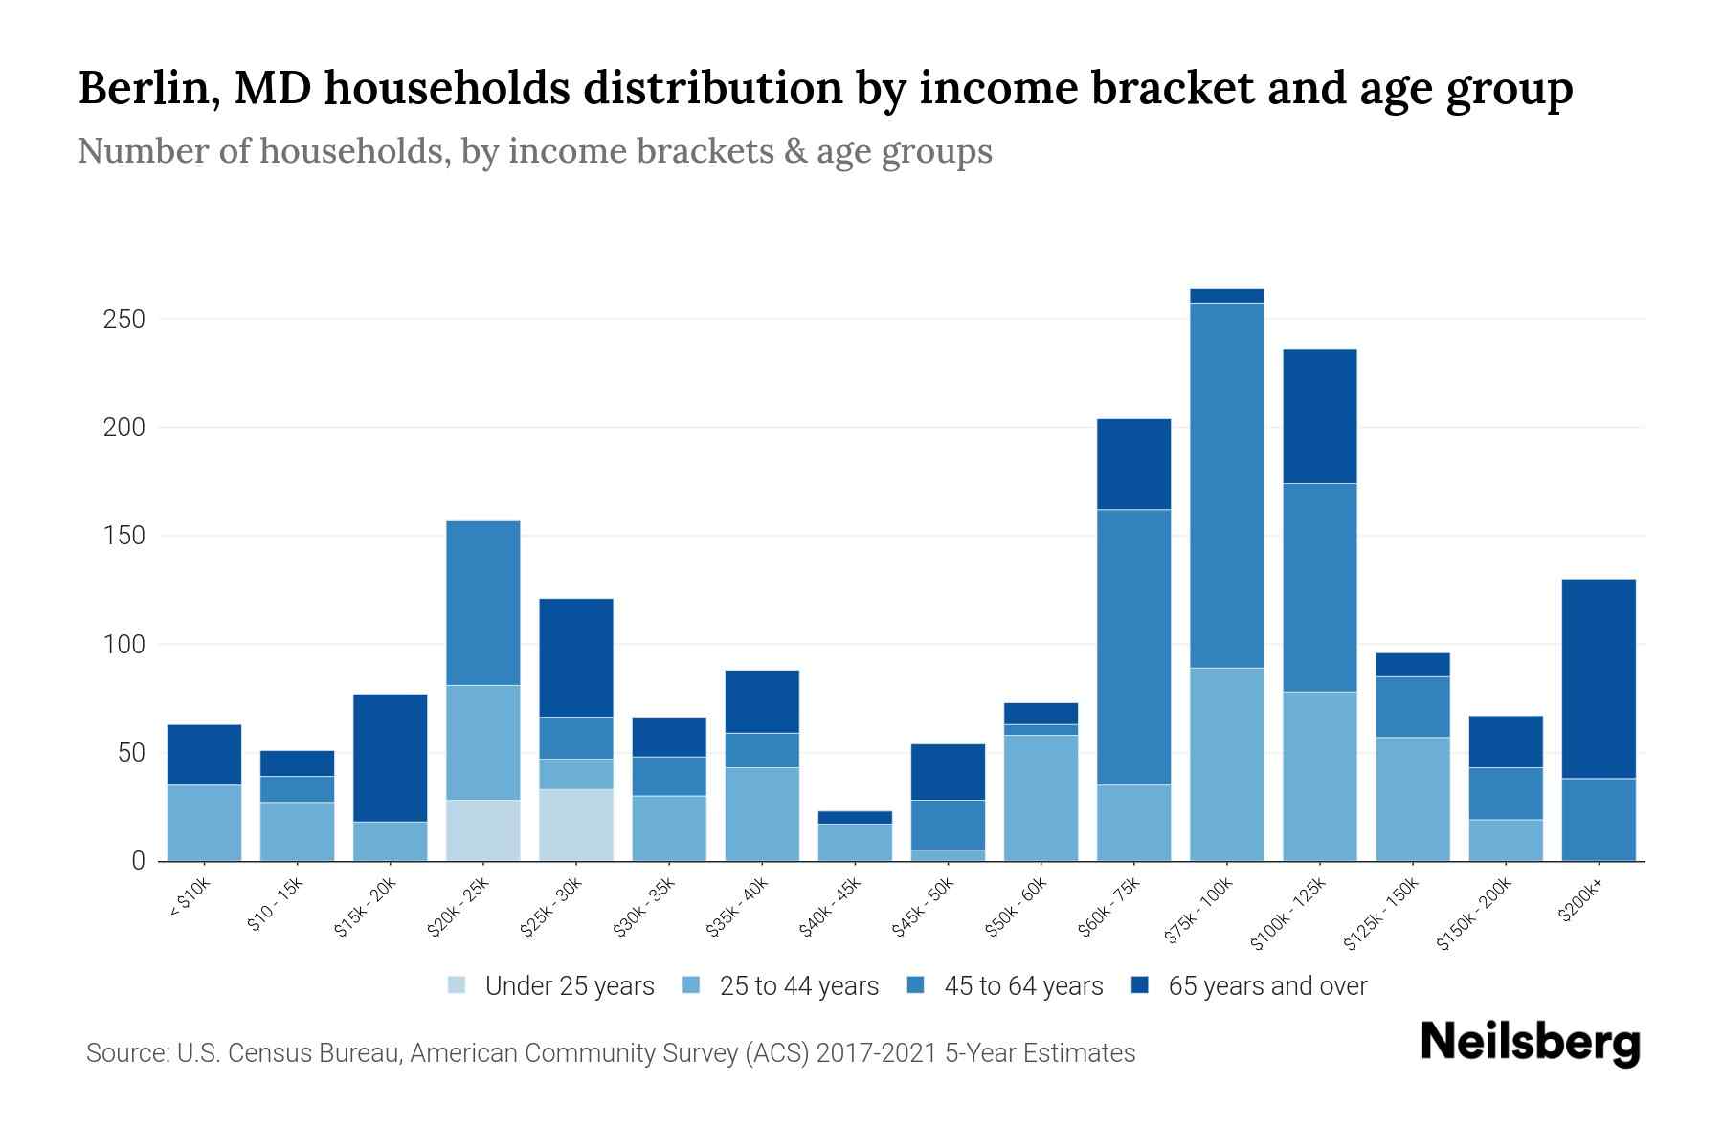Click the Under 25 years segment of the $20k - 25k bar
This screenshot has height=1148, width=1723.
(483, 829)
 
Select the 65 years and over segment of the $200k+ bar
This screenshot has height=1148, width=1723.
(1599, 678)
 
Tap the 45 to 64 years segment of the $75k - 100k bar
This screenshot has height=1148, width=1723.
(1226, 485)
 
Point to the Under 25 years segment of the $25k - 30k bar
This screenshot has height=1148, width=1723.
(576, 825)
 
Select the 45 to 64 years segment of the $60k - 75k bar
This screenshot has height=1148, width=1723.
(1133, 647)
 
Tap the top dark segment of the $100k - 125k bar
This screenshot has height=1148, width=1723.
(1319, 416)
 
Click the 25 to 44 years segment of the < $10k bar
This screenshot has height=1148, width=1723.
(204, 823)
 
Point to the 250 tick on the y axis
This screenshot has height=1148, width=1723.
(124, 319)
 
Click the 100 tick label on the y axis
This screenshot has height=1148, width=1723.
(124, 644)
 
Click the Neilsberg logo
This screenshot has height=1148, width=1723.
(1530, 1043)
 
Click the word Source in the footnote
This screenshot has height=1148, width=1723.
(124, 1053)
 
